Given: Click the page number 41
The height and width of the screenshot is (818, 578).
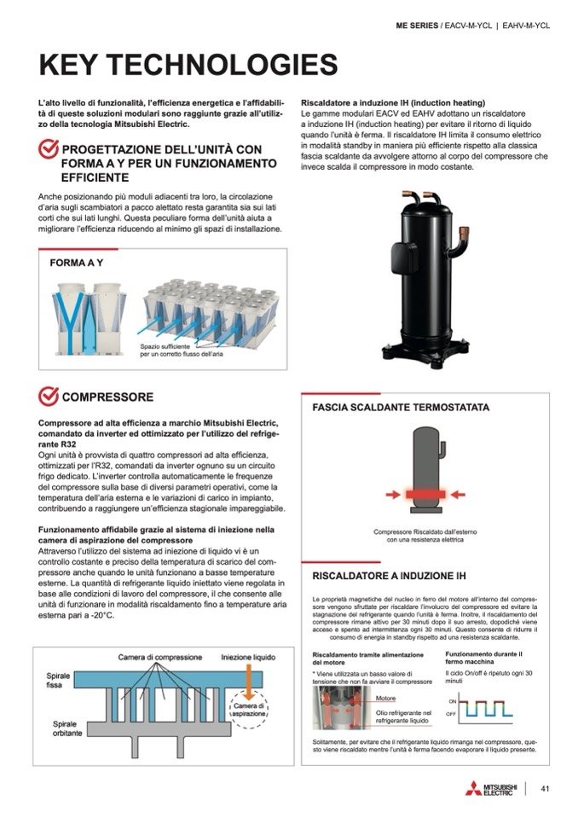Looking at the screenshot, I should click(545, 787).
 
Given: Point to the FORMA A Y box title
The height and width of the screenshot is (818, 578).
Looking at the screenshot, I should click(76, 263).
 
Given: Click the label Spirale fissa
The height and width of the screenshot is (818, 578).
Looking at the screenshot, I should click(59, 680).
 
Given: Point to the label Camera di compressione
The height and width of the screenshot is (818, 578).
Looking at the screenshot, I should click(160, 657).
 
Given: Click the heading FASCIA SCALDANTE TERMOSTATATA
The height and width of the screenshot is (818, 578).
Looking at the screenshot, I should click(401, 408).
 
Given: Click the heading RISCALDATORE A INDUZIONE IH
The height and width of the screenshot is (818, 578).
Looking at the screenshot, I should click(389, 575).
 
